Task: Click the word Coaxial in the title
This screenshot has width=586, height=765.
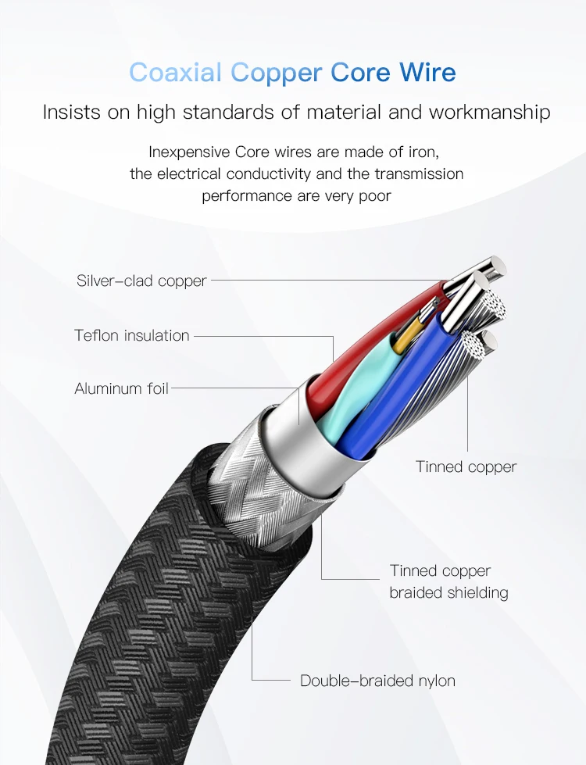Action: coord(177,72)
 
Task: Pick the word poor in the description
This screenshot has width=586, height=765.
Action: coord(373,195)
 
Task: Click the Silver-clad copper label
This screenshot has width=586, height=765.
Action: coord(141,281)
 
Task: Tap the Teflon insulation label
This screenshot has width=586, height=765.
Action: coord(132,335)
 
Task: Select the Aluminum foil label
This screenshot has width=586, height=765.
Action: coord(121,388)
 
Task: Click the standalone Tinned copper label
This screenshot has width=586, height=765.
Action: coord(466,467)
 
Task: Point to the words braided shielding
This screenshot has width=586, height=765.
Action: coord(448,593)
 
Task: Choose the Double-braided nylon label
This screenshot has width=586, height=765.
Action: coord(377,681)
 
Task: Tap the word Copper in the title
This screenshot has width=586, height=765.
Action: coord(277,72)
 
